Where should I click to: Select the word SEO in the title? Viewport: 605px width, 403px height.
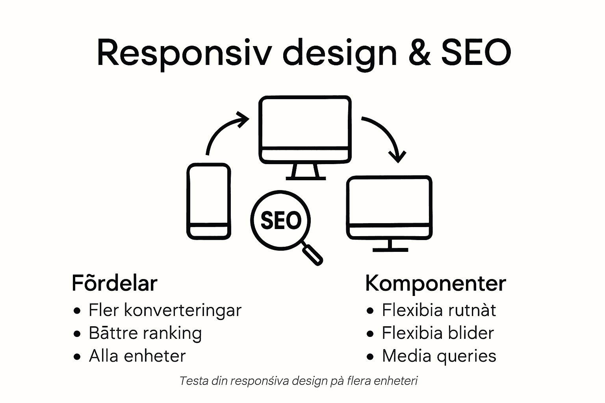click(476, 53)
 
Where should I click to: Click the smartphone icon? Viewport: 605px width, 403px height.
click(208, 201)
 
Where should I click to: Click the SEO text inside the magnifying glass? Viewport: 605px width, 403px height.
click(281, 220)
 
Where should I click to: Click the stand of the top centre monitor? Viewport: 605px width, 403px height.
click(306, 172)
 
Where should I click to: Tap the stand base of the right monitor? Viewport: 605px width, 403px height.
click(390, 249)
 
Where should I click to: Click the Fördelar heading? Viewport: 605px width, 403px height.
click(115, 283)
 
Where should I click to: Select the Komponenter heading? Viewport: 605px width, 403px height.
click(435, 283)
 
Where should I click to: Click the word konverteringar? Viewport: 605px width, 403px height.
click(183, 311)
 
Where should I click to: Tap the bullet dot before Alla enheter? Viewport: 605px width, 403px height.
click(77, 357)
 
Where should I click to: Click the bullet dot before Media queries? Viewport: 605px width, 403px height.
click(369, 357)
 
